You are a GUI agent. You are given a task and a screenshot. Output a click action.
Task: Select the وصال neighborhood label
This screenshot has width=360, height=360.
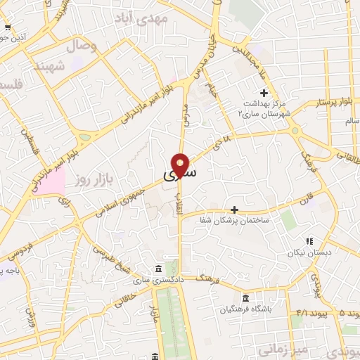tap(81, 47)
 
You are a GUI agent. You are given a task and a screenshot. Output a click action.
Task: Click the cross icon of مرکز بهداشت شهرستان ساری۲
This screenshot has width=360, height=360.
tap(264, 93)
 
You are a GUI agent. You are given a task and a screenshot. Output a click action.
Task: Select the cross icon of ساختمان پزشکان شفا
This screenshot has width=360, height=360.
tap(235, 210)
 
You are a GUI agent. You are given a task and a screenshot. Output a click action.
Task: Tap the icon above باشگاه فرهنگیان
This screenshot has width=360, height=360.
tap(245, 297)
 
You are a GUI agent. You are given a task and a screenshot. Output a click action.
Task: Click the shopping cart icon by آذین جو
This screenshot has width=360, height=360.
tap(7, 27)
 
